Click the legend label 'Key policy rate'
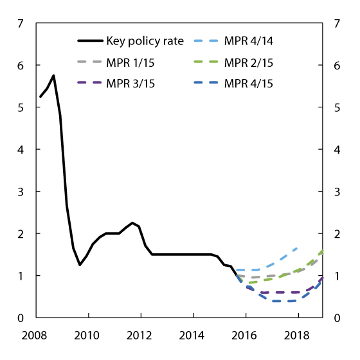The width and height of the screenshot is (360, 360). click(x=145, y=41)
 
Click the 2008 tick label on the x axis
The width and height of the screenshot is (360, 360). click(x=35, y=335)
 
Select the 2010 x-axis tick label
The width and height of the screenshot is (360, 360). click(x=87, y=335)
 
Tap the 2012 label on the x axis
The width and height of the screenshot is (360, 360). click(x=140, y=335)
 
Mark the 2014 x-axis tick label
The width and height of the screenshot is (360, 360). click(x=193, y=335)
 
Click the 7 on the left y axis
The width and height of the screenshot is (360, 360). click(x=21, y=24)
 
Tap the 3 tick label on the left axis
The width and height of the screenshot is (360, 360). click(x=21, y=192)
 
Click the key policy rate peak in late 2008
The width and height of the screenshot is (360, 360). click(x=53, y=75)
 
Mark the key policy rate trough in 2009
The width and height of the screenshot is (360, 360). click(x=80, y=265)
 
